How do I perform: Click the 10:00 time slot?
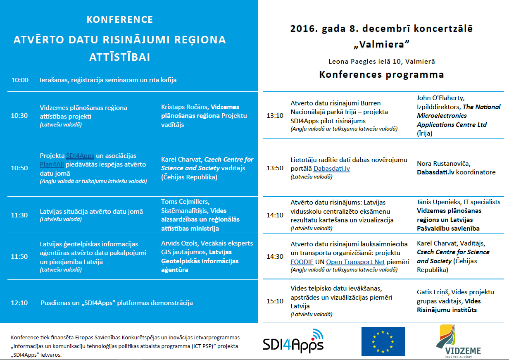(x=20, y=80)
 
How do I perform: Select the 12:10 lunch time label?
(x=19, y=303)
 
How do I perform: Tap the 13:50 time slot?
(x=275, y=168)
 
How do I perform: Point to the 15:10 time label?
(x=275, y=301)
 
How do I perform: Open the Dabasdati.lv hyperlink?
(x=331, y=169)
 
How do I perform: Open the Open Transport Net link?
(x=355, y=262)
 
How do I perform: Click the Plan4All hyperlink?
(x=52, y=164)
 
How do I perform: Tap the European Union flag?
(x=383, y=341)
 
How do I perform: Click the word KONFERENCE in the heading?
(x=120, y=20)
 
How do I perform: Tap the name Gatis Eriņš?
(x=434, y=292)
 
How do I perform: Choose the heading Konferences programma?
(x=381, y=75)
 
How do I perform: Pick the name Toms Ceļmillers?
(x=185, y=202)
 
